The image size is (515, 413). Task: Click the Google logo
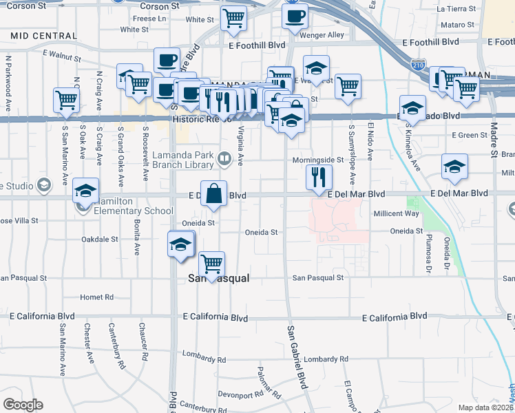(x=22, y=405)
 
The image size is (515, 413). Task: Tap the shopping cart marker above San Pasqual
(x=211, y=265)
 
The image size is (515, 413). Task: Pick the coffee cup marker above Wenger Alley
(x=295, y=17)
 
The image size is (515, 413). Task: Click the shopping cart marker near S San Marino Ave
(x=66, y=100)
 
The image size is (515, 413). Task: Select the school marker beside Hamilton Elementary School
(x=86, y=192)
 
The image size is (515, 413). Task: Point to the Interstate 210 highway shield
(x=418, y=65)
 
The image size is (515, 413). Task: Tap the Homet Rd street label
(x=96, y=297)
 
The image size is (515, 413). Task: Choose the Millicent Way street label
(x=396, y=214)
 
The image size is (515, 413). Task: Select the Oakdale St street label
(x=100, y=239)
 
